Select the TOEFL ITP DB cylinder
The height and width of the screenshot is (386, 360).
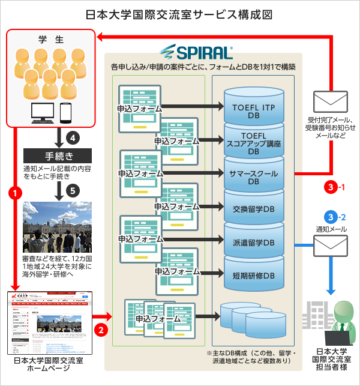pyautogui.click(x=253, y=110)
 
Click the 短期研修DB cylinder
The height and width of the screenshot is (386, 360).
pyautogui.click(x=253, y=274)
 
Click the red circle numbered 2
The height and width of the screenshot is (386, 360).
pyautogui.click(x=102, y=328)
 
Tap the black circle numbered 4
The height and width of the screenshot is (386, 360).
pyautogui.click(x=73, y=137)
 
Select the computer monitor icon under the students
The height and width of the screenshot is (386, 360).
pyautogui.click(x=43, y=112)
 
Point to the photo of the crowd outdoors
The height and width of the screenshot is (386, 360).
pyautogui.click(x=57, y=227)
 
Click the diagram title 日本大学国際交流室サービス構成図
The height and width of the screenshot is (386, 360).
pyautogui.click(x=179, y=13)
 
